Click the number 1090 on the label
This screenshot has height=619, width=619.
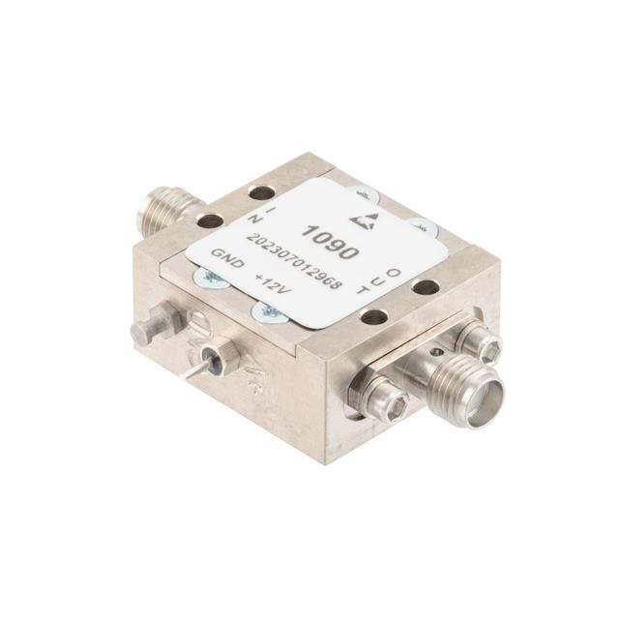click(330, 242)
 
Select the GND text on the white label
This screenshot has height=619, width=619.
click(227, 258)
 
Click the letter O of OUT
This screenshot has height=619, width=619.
click(394, 273)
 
